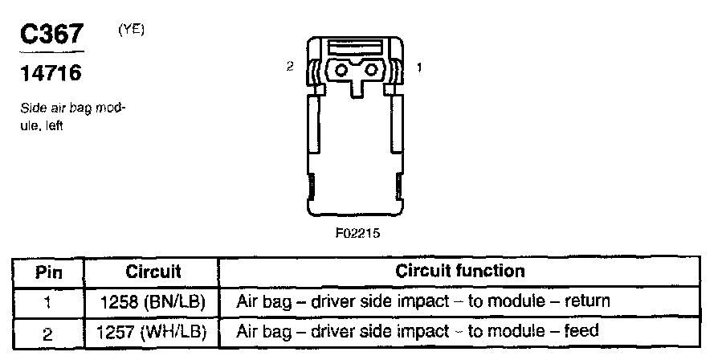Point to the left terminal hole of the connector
point(341,71)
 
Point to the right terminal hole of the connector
point(371,71)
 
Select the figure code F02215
point(357,235)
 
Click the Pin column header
point(49,272)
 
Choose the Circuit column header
point(153,272)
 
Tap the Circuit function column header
point(460,272)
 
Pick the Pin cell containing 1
point(49,302)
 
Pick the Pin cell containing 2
point(49,331)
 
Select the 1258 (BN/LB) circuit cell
point(153,302)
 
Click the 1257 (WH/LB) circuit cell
point(153,331)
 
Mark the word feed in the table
point(582,331)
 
